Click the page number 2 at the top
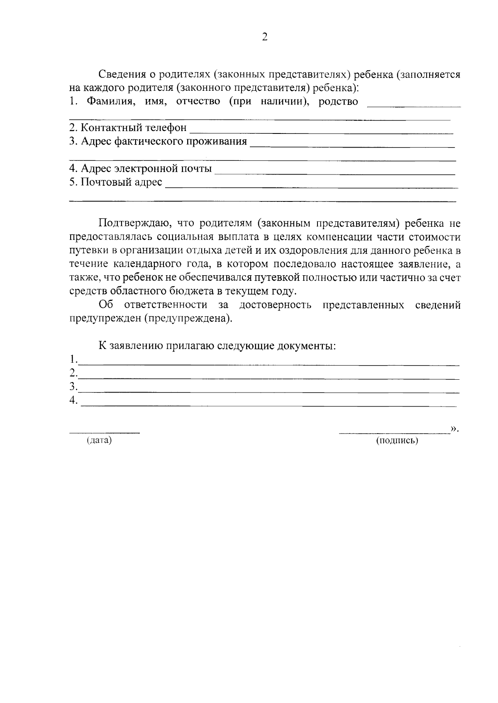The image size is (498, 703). [265, 37]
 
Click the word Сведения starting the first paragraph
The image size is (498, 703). [120, 75]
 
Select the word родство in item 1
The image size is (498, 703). [338, 102]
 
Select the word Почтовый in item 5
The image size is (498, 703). [104, 182]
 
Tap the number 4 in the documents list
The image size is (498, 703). [73, 400]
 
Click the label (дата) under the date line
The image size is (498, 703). [99, 440]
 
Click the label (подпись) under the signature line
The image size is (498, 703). [397, 441]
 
